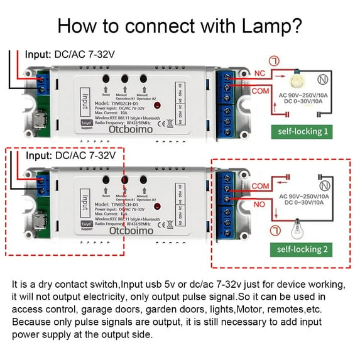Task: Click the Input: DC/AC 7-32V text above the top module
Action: click(x=70, y=54)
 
